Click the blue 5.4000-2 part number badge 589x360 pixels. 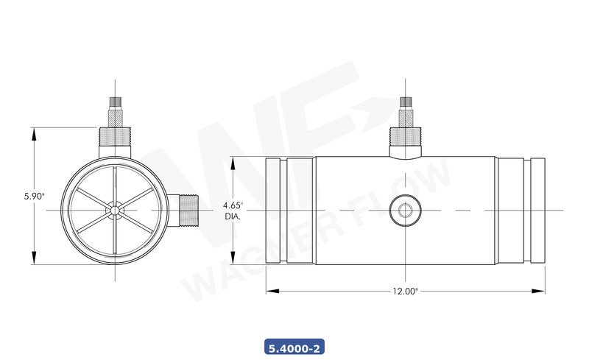coord(294,347)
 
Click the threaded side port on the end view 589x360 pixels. coord(188,211)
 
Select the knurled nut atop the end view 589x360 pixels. coord(115,135)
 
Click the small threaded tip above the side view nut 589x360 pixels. coord(403,101)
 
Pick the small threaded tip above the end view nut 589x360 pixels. coord(115,101)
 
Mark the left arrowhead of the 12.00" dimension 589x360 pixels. coord(270,292)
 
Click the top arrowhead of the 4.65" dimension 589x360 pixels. coord(234,161)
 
